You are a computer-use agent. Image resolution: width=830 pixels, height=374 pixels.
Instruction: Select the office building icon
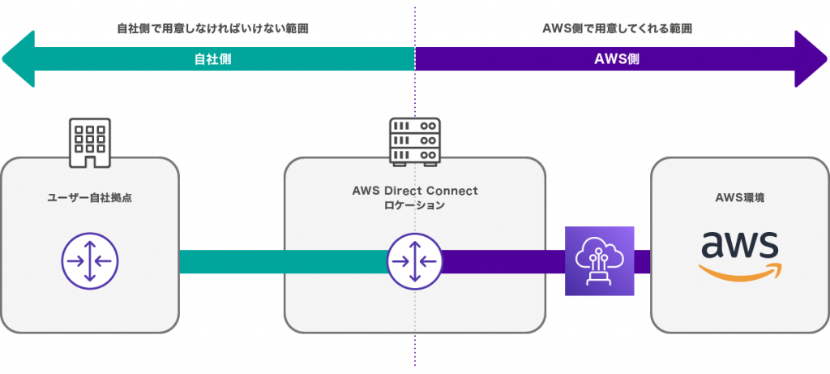coord(89,143)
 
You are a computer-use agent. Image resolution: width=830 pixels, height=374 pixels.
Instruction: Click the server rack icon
coord(414,143)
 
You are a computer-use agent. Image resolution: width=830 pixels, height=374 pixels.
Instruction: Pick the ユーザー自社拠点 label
coord(90,196)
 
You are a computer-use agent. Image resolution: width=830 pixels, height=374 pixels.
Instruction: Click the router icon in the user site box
coord(90,261)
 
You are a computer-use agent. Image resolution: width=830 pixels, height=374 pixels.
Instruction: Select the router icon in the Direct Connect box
coord(414,261)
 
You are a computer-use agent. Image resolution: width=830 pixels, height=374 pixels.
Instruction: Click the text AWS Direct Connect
coord(414,191)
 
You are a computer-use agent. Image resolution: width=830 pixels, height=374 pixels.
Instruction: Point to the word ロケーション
coord(414,206)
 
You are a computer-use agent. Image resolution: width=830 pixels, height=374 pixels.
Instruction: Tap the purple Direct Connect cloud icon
coord(600,261)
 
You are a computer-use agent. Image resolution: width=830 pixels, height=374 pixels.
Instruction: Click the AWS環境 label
coord(738,196)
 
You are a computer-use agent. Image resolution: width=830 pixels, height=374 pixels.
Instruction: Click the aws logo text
coord(739,244)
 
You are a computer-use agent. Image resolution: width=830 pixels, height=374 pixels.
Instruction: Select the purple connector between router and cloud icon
coord(503,261)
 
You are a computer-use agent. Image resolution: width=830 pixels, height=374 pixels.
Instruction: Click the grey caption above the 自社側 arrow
coord(212,28)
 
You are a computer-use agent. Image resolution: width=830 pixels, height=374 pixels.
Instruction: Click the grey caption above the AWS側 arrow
coord(617,28)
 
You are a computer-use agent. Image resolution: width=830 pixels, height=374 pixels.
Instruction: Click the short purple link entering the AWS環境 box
coord(643,261)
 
